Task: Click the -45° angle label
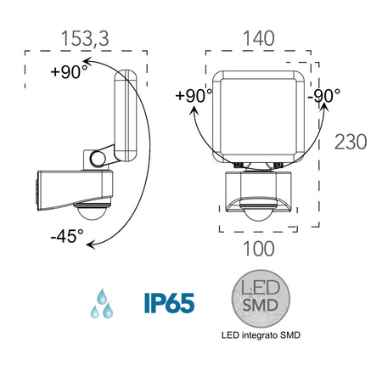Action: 66,237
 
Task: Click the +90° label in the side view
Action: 68,72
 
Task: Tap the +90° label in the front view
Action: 194,95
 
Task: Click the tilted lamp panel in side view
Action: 126,115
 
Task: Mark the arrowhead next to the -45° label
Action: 91,246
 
